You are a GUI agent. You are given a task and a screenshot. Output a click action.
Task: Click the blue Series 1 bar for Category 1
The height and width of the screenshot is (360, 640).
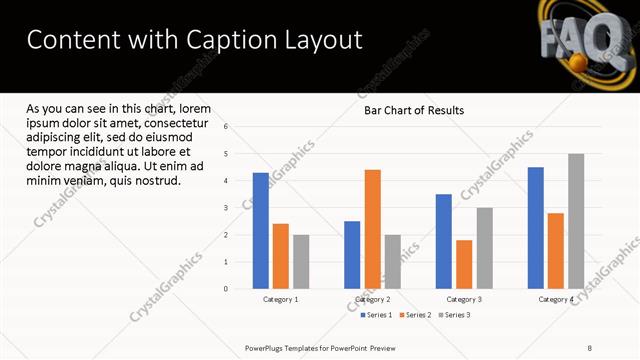[261, 231]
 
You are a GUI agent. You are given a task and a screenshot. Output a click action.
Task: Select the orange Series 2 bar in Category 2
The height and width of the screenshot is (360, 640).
[372, 229]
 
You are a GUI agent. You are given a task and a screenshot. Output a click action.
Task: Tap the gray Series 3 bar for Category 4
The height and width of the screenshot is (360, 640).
[575, 221]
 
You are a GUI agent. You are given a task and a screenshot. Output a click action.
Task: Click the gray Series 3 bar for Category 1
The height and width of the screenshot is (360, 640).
[301, 262]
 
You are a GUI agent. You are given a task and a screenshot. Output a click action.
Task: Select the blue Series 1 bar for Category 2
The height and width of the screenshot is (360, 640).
[352, 255]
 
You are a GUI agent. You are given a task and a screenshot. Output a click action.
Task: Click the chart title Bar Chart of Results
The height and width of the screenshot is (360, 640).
[413, 111]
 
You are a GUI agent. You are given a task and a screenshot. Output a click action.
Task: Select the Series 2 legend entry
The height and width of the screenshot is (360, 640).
[415, 315]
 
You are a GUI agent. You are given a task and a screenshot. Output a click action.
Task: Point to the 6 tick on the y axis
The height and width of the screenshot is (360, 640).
[227, 127]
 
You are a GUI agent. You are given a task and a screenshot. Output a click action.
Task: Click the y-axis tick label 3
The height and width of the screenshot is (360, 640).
[227, 208]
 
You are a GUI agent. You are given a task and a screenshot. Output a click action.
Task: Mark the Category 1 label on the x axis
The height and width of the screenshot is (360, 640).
[281, 299]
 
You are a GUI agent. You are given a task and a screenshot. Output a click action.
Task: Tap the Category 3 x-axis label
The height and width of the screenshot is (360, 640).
[464, 299]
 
